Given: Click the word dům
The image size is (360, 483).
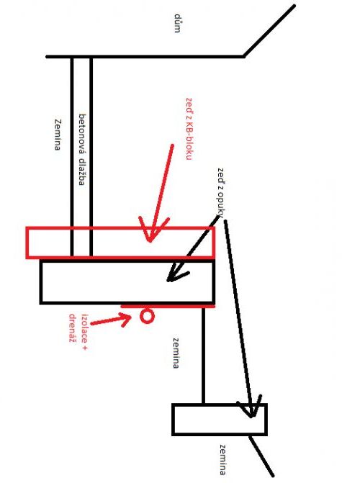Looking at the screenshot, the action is pos(177,23).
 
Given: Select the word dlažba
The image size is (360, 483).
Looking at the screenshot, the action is pos(81,172).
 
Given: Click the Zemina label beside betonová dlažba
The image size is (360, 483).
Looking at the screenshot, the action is pos(58,135).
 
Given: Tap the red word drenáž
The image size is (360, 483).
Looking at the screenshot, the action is pos(73,328).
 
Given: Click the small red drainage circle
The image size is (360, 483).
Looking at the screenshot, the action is pos(147,316).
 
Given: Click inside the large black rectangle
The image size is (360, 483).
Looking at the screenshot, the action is pos(127,282).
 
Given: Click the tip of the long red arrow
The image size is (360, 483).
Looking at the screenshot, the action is pos(150,242).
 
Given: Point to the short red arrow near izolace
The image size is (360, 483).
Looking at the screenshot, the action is pos(112,320).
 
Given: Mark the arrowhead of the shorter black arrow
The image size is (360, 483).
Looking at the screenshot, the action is pos(168,280).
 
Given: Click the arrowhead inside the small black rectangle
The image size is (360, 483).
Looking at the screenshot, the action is pos(251,417).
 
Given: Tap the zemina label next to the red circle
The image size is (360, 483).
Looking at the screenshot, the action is pos(176,353).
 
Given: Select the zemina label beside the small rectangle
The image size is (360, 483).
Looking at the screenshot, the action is pos(222,460).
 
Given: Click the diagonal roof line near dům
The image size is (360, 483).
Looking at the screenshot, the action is pos(269,31).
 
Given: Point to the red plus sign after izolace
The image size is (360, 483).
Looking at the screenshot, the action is pos(85,348).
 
